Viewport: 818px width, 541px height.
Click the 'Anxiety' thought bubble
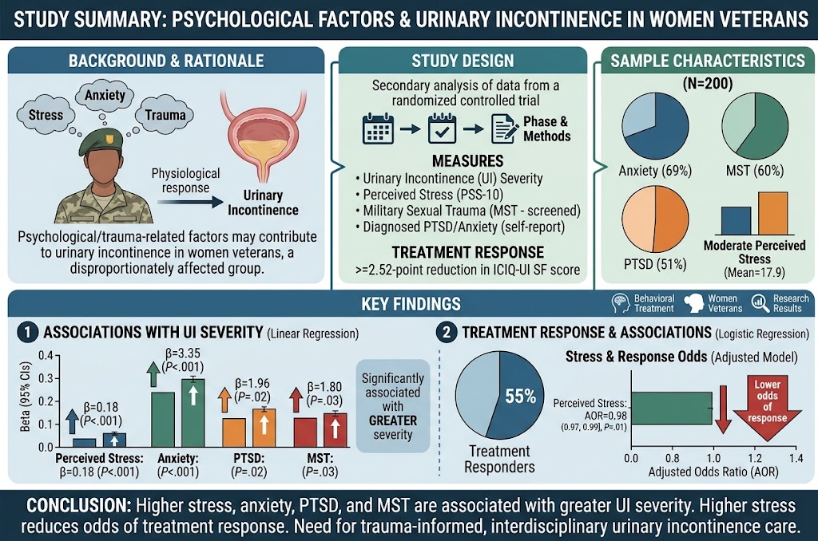point(105,96)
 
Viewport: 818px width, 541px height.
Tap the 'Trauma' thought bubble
point(165,115)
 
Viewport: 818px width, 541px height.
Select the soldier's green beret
point(101,141)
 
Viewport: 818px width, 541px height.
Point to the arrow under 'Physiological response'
point(190,202)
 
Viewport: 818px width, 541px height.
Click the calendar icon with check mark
point(442,128)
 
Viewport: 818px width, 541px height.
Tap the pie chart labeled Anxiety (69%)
point(655,127)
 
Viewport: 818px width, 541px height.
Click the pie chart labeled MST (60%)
point(755,127)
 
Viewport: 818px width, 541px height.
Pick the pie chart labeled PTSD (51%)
point(655,219)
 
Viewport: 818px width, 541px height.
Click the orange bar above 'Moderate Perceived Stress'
point(772,213)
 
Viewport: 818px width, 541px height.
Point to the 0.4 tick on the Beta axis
point(57,355)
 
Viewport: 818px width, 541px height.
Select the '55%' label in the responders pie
point(520,396)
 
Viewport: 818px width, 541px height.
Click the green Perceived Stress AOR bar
point(671,408)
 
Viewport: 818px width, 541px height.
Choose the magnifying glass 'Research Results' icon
point(760,302)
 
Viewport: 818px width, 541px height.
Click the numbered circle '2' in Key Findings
point(446,333)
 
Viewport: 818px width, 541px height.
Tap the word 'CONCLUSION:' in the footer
point(79,506)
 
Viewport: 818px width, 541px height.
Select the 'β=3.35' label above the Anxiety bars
point(183,353)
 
